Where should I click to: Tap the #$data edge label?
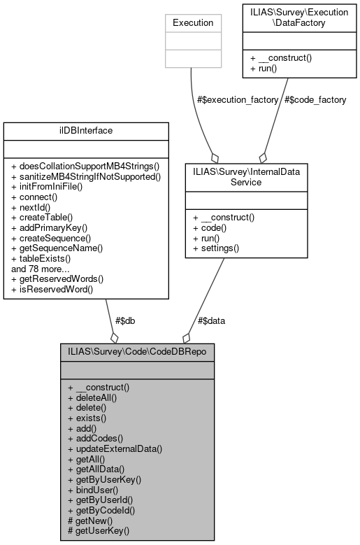pyautogui.click(x=211, y=320)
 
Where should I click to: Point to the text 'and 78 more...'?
pyautogui.click(x=41, y=268)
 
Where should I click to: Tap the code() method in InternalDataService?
pyautogui.click(x=212, y=227)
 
